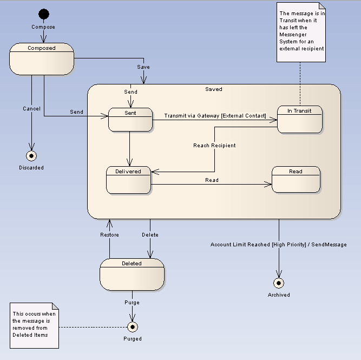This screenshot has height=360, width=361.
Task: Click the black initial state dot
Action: tap(44, 14)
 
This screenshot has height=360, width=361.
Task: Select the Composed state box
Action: tap(42, 59)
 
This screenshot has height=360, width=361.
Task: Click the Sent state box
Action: tap(130, 119)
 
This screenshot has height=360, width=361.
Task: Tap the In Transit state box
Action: tap(299, 119)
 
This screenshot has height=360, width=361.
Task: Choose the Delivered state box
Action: tap(128, 180)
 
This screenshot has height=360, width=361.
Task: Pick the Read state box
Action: tap(296, 180)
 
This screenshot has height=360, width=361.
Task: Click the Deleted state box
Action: tap(132, 274)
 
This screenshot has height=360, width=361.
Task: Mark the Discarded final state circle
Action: tap(31, 156)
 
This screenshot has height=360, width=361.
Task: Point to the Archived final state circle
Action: tap(279, 283)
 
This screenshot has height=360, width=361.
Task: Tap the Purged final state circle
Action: tap(132, 326)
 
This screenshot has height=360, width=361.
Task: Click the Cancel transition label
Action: tap(31, 109)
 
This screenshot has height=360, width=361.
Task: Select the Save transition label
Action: tap(143, 67)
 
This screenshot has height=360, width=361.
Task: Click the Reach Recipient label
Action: tap(214, 146)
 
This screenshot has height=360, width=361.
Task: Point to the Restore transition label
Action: tap(109, 235)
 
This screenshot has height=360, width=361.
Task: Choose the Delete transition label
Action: tap(150, 235)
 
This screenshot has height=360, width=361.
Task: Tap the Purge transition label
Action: tap(132, 303)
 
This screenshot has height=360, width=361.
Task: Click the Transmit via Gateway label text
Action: tap(215, 115)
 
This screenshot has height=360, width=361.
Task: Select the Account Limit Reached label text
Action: tap(278, 245)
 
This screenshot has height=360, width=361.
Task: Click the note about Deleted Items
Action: tap(35, 324)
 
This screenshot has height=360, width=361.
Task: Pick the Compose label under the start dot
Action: tap(43, 27)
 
